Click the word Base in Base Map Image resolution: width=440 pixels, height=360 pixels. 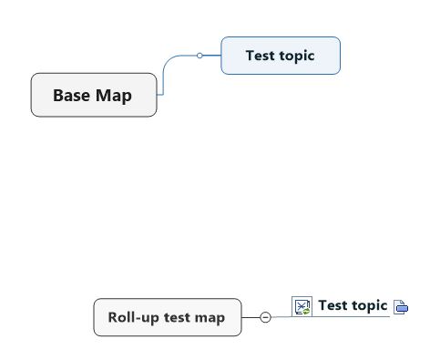click(71, 95)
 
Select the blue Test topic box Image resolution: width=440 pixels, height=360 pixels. click(281, 56)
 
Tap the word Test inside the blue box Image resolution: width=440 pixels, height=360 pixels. click(260, 56)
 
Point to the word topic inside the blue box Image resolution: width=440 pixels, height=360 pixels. click(296, 56)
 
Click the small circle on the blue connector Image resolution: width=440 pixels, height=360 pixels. click(200, 56)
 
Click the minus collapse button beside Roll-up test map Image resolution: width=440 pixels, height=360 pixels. click(265, 317)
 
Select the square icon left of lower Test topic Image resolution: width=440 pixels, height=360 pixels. click(302, 306)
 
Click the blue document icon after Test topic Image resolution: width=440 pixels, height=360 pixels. click(401, 307)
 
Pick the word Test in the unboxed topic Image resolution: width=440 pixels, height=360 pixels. click(333, 305)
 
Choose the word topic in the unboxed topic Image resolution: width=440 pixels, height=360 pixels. click(369, 305)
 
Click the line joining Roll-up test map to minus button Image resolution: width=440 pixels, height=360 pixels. click(251, 317)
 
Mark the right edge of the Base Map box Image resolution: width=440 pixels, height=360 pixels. click(157, 95)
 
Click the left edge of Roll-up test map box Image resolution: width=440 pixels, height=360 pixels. click(94, 317)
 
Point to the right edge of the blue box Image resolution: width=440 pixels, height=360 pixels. click(340, 56)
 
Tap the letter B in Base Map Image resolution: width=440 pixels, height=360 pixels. click(58, 95)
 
